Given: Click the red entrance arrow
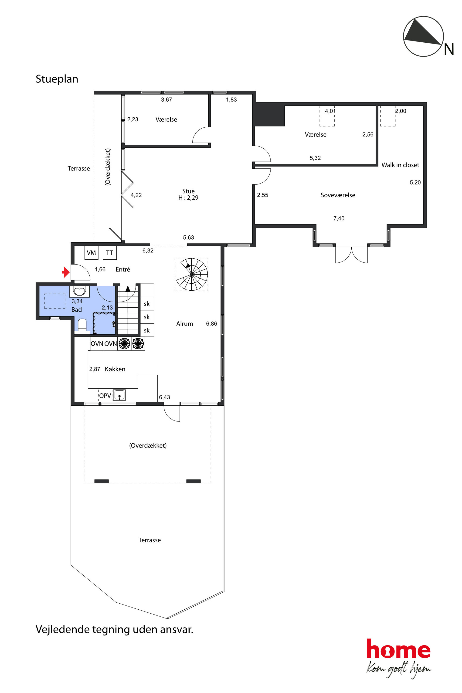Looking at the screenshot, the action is [x=66, y=272].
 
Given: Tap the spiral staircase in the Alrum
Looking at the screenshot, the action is [x=191, y=274].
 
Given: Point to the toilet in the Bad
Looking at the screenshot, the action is [x=82, y=325].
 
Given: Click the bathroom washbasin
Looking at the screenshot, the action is [x=79, y=291].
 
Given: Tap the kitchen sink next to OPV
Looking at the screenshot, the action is [x=119, y=395].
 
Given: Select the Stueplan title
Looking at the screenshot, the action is [x=57, y=79].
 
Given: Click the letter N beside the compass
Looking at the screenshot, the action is [x=449, y=50].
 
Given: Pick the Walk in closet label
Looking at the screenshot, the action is [x=400, y=165].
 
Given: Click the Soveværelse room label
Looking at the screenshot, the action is [x=338, y=195].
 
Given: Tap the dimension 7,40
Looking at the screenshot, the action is [x=339, y=218].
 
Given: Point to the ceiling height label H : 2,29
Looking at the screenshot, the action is [x=188, y=198].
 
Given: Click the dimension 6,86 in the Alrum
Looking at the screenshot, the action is [x=211, y=323].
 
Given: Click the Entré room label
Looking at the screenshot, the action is [x=122, y=269].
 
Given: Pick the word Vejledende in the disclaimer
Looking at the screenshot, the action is [x=62, y=629].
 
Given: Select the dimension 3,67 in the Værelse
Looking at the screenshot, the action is [x=166, y=100].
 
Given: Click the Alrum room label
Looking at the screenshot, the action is [x=184, y=324].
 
